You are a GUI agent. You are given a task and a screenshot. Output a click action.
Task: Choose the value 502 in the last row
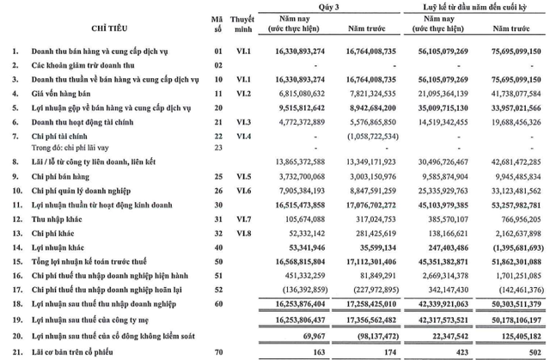tap(532, 353)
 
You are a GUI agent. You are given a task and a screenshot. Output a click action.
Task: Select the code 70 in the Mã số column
tap(217, 353)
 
